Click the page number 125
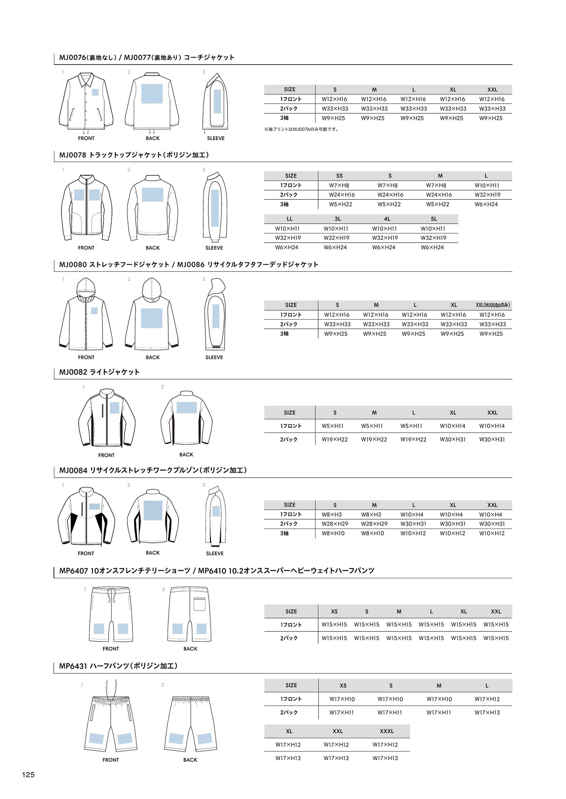(28, 774)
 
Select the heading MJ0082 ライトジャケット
(99, 372)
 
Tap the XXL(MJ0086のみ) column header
(493, 305)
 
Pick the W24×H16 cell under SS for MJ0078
(341, 195)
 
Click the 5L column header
(434, 219)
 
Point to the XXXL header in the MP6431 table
(386, 731)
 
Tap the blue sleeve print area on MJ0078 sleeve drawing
(215, 207)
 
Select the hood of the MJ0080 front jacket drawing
(86, 287)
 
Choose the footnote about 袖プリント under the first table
(301, 129)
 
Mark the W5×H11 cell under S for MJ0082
(333, 426)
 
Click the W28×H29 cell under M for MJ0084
(374, 524)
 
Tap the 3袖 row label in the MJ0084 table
(284, 533)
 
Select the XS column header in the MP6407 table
(334, 611)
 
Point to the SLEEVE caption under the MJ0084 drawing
(215, 553)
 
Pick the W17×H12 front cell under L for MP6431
(487, 699)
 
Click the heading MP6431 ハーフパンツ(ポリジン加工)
(118, 666)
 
